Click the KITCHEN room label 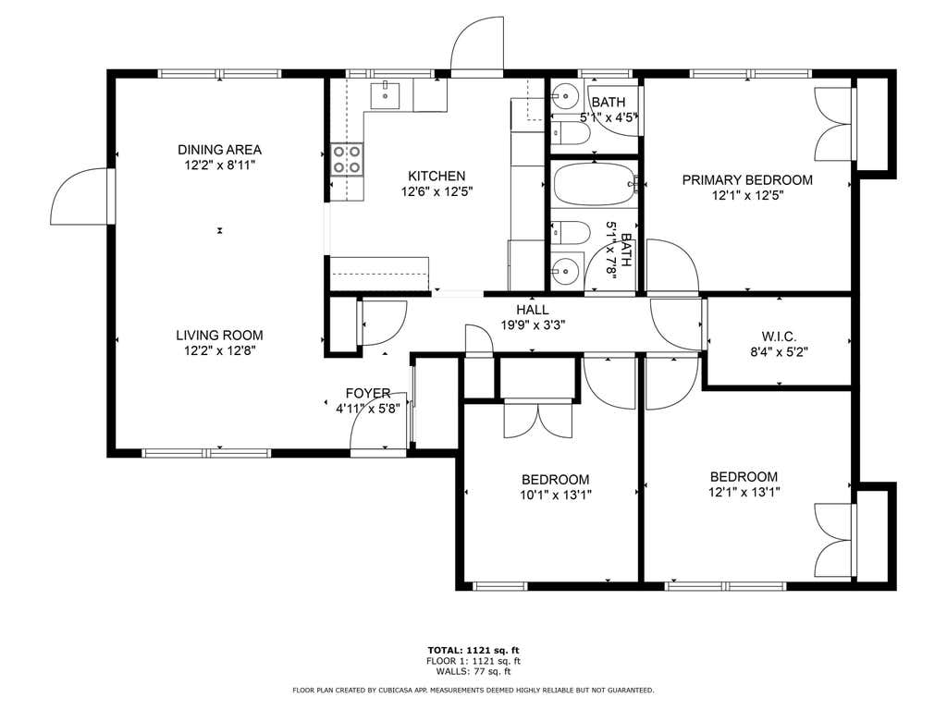point(437,177)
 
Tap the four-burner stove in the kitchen point(347,159)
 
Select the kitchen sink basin point(385,95)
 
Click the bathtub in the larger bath point(595,184)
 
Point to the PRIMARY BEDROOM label point(747,180)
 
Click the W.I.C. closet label point(779,337)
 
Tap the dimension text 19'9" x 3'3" point(533,325)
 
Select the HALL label point(533,310)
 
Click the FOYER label point(368,393)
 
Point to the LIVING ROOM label point(219,335)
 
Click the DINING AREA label point(219,150)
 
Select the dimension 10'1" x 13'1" point(556,496)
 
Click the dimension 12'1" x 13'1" point(744,492)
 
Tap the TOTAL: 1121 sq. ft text point(473,650)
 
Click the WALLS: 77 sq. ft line point(473,671)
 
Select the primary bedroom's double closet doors point(833,125)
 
